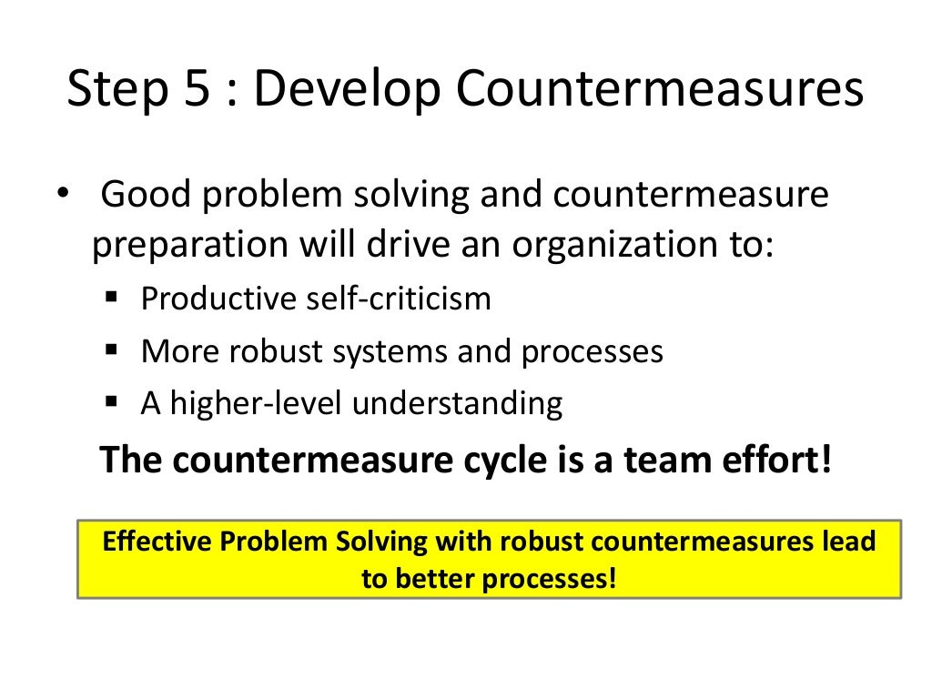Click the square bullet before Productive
click(113, 298)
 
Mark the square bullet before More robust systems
click(113, 349)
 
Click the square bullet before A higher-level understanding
click(113, 401)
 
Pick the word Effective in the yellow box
click(157, 542)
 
